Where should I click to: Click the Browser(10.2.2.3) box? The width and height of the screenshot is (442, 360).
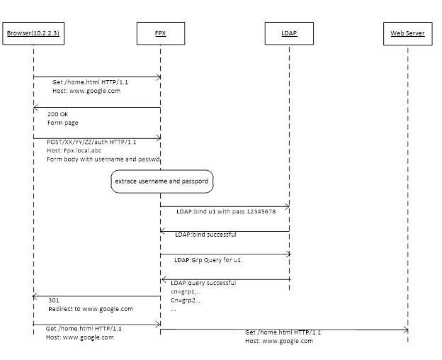pyautogui.click(x=33, y=33)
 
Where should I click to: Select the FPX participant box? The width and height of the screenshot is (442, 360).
pyautogui.click(x=160, y=33)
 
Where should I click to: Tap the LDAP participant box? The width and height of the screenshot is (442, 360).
pyautogui.click(x=289, y=33)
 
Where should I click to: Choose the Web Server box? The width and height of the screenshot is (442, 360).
pyautogui.click(x=407, y=33)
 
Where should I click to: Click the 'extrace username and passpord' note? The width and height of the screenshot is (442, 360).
pyautogui.click(x=161, y=181)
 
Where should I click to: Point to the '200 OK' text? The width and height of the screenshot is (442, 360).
pyautogui.click(x=58, y=114)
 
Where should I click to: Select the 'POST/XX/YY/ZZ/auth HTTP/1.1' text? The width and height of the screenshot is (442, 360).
pyautogui.click(x=91, y=142)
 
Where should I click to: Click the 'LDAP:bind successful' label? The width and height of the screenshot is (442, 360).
pyautogui.click(x=206, y=235)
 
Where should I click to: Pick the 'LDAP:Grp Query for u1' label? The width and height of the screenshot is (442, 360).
pyautogui.click(x=208, y=260)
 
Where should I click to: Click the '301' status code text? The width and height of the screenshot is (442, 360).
pyautogui.click(x=53, y=300)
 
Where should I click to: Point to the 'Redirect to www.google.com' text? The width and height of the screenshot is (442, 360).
pyautogui.click(x=90, y=309)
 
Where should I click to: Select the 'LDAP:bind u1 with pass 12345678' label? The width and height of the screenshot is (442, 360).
pyautogui.click(x=229, y=212)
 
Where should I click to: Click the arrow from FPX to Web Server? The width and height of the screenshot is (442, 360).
pyautogui.click(x=283, y=329)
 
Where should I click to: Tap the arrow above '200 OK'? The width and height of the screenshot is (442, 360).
pyautogui.click(x=96, y=107)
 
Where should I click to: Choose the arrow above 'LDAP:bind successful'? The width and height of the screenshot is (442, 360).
pyautogui.click(x=225, y=230)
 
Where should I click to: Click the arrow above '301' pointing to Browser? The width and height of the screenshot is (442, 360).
pyautogui.click(x=96, y=296)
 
